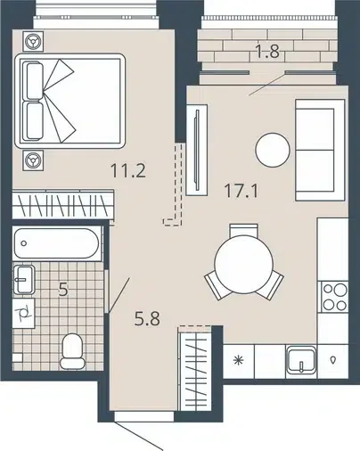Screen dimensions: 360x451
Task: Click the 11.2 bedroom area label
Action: click(x=128, y=171)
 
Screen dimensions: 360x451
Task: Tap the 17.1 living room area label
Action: click(x=241, y=191)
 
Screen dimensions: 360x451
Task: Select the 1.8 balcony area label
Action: click(x=267, y=51)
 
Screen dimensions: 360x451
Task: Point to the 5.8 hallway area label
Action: click(x=147, y=319)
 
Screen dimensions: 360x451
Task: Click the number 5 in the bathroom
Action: click(x=63, y=290)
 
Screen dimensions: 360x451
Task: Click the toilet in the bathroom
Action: click(x=72, y=351)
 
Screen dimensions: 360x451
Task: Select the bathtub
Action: click(x=56, y=243)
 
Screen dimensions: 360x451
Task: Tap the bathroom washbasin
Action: click(x=24, y=279)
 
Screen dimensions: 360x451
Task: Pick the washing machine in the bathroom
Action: click(x=24, y=314)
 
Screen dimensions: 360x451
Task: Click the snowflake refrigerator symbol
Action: click(x=238, y=361)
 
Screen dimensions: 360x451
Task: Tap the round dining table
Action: click(x=243, y=264)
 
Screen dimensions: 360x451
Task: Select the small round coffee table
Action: click(x=273, y=150)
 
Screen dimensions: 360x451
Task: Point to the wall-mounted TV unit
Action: click(x=196, y=150)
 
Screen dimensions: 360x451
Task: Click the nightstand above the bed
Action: click(x=33, y=41)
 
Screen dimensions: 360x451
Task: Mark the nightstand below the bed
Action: click(x=33, y=160)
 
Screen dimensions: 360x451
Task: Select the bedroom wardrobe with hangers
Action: click(x=63, y=204)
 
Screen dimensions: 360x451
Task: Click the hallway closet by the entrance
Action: click(x=194, y=368)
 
